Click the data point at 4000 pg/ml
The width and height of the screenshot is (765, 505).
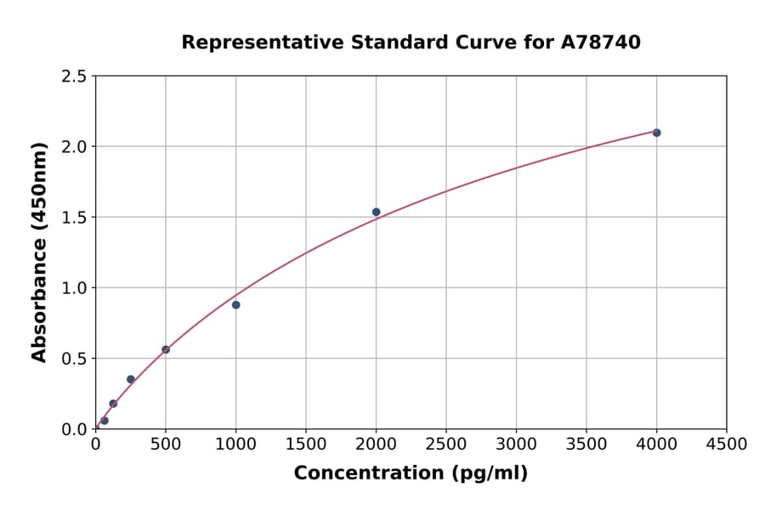click(x=656, y=133)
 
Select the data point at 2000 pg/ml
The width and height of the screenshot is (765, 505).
click(x=376, y=212)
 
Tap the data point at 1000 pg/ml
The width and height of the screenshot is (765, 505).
click(x=235, y=304)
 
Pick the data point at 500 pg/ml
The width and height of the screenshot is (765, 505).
click(x=166, y=349)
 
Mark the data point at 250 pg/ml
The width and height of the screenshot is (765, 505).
click(x=131, y=379)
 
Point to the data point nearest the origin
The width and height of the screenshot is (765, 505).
click(x=105, y=420)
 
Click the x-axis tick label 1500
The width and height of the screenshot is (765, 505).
click(x=306, y=444)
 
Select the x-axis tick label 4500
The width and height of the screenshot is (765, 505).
click(x=726, y=444)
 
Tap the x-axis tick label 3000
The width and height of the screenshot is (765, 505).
click(x=516, y=444)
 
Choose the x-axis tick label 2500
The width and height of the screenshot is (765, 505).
click(x=446, y=444)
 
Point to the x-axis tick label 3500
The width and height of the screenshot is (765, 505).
click(x=586, y=444)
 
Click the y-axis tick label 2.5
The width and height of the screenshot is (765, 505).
click(x=74, y=77)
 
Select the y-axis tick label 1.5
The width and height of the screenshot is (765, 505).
click(x=74, y=218)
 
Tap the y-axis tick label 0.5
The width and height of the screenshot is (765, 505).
click(x=74, y=359)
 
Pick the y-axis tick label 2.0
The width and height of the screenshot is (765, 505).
click(x=74, y=147)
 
